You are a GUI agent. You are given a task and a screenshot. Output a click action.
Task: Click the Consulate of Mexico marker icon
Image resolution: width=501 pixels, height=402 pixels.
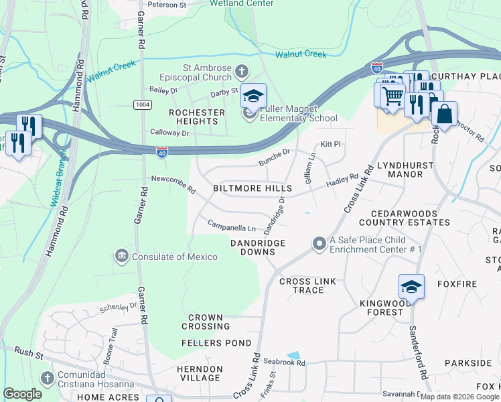[x=122, y=256]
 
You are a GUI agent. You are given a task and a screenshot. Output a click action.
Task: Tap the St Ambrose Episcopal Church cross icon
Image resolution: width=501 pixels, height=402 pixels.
[x=242, y=70]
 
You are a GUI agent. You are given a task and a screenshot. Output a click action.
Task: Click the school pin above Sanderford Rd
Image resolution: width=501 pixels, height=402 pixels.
[x=411, y=287]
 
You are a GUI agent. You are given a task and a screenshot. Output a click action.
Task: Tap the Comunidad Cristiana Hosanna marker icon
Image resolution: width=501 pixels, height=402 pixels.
[x=47, y=379]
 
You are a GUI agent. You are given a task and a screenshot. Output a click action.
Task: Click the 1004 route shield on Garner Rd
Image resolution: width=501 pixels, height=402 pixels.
[x=142, y=105]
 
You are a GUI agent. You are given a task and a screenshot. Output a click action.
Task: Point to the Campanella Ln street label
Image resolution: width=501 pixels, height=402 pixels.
[x=231, y=226]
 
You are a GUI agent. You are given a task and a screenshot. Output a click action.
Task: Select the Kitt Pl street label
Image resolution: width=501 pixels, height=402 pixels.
[x=331, y=144]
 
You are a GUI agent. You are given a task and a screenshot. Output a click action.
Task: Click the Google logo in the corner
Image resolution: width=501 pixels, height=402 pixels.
[x=22, y=394]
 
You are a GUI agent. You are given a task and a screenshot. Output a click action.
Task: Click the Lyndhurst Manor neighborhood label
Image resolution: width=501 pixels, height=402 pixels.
[x=400, y=169]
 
